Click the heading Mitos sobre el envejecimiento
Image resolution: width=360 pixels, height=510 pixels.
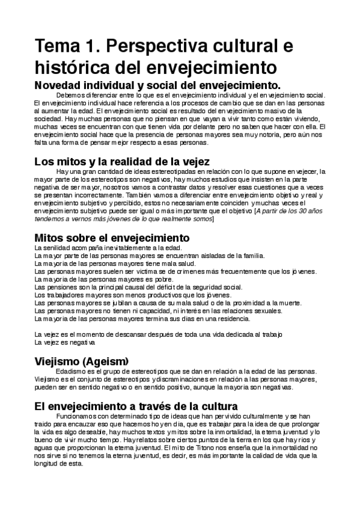(x=112, y=238)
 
